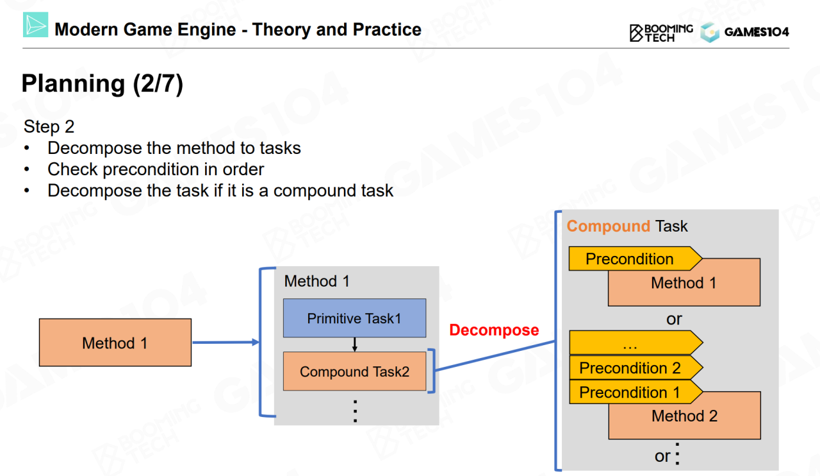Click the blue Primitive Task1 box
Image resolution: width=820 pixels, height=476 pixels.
pyautogui.click(x=354, y=318)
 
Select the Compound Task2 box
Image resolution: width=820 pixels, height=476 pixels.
pyautogui.click(x=354, y=371)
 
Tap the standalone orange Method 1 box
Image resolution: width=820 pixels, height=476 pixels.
pyautogui.click(x=115, y=343)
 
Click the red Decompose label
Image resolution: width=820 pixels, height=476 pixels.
pyautogui.click(x=494, y=330)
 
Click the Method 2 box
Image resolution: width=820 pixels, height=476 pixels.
pyautogui.click(x=684, y=416)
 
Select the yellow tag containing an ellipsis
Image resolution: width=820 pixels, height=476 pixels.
pyautogui.click(x=631, y=344)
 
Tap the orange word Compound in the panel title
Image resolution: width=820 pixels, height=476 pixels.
pyautogui.click(x=608, y=226)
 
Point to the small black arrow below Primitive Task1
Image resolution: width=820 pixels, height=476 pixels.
pyautogui.click(x=354, y=344)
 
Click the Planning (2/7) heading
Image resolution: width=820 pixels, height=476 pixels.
pyautogui.click(x=102, y=84)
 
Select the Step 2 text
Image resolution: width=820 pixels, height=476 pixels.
pyautogui.click(x=49, y=126)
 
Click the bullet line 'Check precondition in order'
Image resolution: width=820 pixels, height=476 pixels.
pyautogui.click(x=156, y=169)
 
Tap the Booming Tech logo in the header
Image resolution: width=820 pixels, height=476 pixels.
pyautogui.click(x=661, y=32)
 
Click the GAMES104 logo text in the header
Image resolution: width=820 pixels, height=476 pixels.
pyautogui.click(x=756, y=32)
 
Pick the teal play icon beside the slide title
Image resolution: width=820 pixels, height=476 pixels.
pyautogui.click(x=36, y=25)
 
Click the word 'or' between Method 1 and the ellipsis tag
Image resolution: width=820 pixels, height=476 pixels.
pyautogui.click(x=674, y=319)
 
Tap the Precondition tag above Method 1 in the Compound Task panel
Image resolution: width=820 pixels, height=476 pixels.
pyautogui.click(x=630, y=259)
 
